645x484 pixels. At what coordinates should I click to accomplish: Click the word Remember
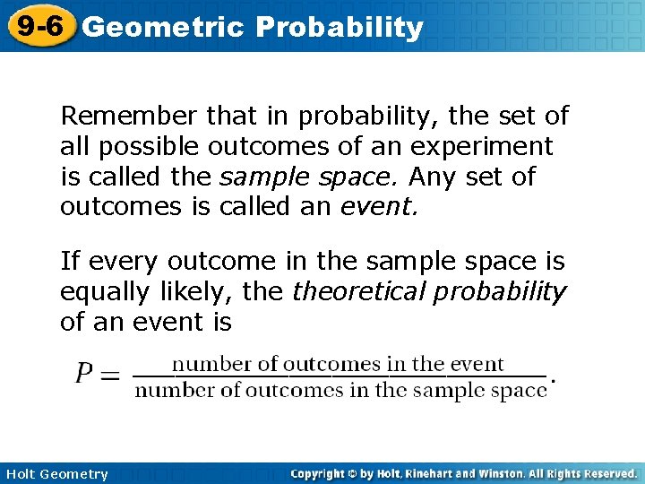tap(128, 116)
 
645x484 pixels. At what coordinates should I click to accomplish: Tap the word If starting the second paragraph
tap(69, 261)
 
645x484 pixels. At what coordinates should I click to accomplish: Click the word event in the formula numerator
tap(477, 364)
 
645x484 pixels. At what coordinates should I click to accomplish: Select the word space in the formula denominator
tap(520, 390)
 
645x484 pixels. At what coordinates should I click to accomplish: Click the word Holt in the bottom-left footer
tap(22, 474)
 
